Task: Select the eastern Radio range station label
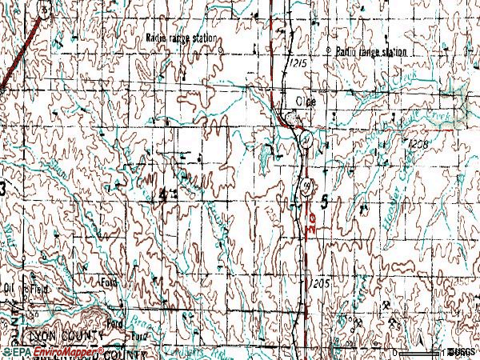[370, 52]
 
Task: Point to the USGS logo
[461, 352]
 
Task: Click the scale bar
[421, 351]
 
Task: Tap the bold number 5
[324, 202]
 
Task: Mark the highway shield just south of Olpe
[306, 140]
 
